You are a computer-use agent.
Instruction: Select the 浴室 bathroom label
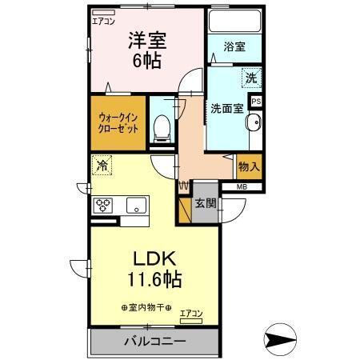234,46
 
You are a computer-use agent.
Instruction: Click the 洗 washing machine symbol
250,79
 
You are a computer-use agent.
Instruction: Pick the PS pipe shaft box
256,102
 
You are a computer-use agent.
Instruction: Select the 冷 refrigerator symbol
102,166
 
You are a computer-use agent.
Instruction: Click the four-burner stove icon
104,204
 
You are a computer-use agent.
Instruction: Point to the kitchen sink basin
136,205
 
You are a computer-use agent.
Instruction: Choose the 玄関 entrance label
206,203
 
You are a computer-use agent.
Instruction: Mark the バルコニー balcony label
154,342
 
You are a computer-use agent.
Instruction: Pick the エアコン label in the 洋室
103,22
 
